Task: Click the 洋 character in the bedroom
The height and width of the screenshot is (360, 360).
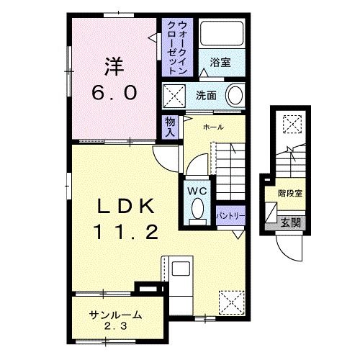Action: point(114,66)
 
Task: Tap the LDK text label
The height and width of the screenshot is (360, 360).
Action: point(126,206)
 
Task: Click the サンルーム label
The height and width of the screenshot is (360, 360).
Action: point(115,315)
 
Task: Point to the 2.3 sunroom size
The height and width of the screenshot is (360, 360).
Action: point(115,326)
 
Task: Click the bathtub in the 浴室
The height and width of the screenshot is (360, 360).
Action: point(222,33)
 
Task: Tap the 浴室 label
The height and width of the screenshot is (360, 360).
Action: point(220,62)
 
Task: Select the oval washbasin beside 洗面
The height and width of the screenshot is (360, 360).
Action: point(235,96)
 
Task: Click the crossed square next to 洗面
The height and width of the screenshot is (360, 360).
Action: point(174,96)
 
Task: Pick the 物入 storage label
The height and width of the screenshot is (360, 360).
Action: point(170,127)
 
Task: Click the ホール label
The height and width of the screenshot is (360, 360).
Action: point(213,127)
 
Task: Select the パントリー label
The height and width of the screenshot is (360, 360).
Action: point(230,216)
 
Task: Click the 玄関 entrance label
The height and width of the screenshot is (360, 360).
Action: point(291,223)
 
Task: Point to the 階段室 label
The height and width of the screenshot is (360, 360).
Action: point(290,193)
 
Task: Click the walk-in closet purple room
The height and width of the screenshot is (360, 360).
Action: point(177,48)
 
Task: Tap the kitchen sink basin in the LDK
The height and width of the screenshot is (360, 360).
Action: point(181,269)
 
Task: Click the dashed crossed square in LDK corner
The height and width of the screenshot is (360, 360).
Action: point(231,302)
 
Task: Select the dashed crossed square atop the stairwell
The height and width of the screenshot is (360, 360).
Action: point(292,124)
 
